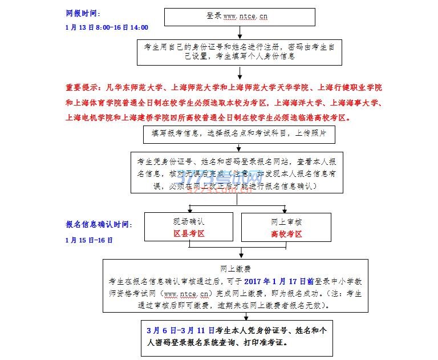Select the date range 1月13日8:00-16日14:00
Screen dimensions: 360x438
click(107, 27)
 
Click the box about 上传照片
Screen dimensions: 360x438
click(240, 134)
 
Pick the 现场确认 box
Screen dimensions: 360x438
click(189, 226)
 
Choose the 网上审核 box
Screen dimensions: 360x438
click(286, 226)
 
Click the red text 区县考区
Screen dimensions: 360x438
click(189, 234)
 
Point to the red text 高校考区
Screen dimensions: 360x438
click(286, 234)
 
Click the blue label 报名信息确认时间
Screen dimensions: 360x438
click(98, 225)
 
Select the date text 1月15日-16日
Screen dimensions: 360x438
click(89, 240)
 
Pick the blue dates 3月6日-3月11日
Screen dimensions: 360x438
click(180, 330)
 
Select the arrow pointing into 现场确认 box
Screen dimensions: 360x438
click(189, 208)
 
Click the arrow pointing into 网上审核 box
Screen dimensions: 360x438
click(286, 208)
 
